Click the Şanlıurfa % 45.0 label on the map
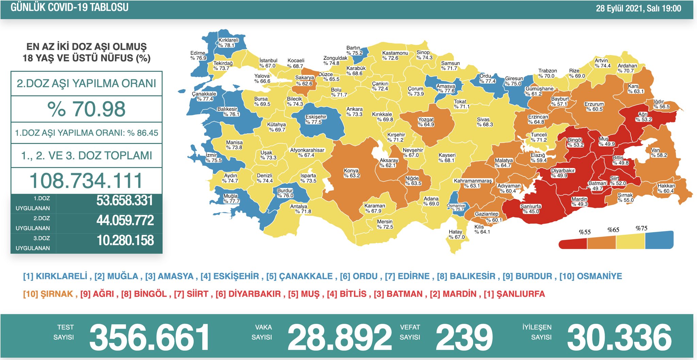pyautogui.click(x=531, y=209)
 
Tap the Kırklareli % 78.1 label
pyautogui.click(x=228, y=43)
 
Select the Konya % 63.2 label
pyautogui.click(x=352, y=173)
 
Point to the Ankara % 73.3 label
pyautogui.click(x=354, y=112)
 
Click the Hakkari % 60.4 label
pyautogui.click(x=666, y=188)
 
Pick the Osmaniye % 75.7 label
pyautogui.click(x=456, y=207)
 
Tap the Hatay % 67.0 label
pyautogui.click(x=456, y=234)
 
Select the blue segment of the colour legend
pyautogui.click(x=659, y=240)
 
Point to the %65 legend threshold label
pyautogui.click(x=613, y=230)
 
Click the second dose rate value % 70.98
pyautogui.click(x=86, y=109)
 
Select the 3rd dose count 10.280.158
pyautogui.click(x=125, y=241)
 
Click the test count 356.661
pyautogui.click(x=149, y=337)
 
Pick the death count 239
pyautogui.click(x=464, y=337)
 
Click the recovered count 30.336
pyautogui.click(x=619, y=337)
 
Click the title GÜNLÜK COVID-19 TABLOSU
pyautogui.click(x=69, y=7)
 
